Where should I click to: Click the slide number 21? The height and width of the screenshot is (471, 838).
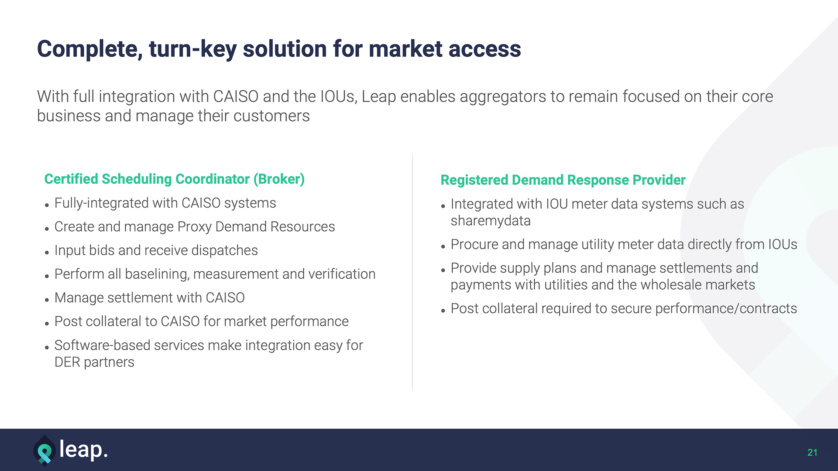click(812, 453)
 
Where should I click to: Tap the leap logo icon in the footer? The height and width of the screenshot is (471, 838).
click(45, 451)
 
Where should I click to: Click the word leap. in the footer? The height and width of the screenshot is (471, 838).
click(83, 450)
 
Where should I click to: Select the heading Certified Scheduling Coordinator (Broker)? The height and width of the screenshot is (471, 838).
click(174, 179)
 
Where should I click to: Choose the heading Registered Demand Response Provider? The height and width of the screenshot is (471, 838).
click(563, 180)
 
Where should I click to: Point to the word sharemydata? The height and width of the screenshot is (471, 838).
click(490, 221)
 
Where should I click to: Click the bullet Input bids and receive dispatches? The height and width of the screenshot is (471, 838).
click(156, 250)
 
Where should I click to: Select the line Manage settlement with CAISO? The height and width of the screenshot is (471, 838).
click(149, 298)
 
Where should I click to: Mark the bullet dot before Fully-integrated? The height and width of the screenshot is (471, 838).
click(47, 205)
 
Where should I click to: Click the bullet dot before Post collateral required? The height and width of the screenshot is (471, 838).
click(443, 311)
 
